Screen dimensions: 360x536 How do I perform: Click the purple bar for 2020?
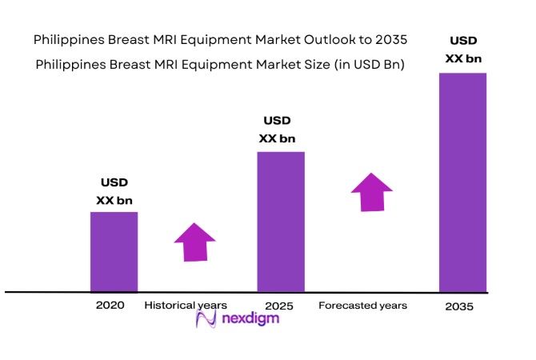coord(114,251)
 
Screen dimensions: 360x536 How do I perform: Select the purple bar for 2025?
coord(280,222)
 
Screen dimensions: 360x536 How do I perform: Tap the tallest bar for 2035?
coord(463,182)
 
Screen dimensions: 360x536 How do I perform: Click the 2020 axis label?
coord(110,306)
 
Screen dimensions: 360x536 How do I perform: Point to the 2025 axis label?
coord(280,306)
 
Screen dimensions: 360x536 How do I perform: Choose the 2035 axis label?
coord(459,306)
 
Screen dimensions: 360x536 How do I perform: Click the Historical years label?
coord(186,306)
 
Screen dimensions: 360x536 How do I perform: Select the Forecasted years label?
coord(362,306)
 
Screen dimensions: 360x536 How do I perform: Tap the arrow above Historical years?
coord(195,242)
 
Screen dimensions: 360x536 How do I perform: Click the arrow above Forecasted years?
coord(372,192)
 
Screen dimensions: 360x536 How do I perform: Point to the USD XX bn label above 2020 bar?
coord(114,192)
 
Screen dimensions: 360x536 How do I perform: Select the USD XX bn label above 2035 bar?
coord(463,49)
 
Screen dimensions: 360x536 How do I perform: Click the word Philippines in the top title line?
coord(68,38)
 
